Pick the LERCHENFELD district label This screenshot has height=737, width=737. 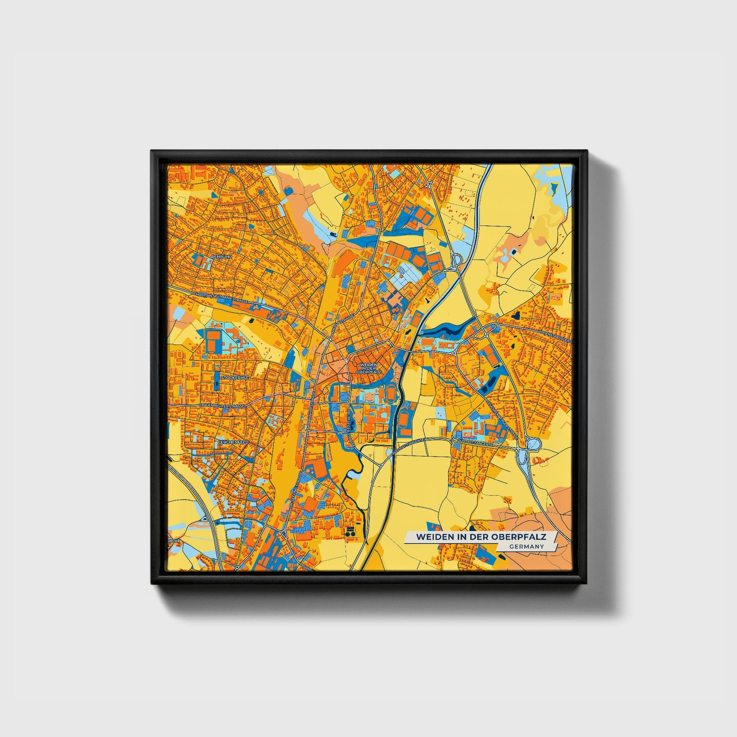(234, 442)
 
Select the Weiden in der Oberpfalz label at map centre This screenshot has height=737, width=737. (369, 369)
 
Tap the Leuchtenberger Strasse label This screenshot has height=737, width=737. (502, 419)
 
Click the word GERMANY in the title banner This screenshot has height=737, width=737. (526, 546)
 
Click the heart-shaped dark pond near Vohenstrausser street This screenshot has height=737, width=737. (517, 316)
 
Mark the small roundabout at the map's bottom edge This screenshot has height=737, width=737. (237, 567)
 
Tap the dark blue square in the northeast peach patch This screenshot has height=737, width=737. (513, 252)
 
